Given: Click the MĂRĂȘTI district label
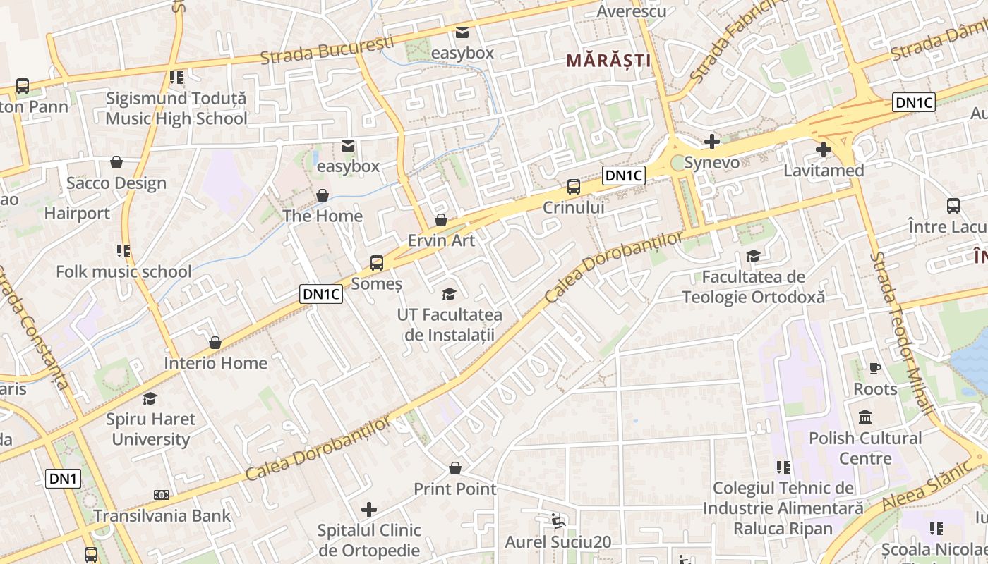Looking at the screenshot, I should click(x=608, y=61).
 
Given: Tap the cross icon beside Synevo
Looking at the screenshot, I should click(x=712, y=142).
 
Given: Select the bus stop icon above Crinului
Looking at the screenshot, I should click(x=574, y=187).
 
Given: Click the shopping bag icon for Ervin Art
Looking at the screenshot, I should click(x=441, y=220).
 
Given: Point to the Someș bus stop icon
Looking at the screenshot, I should click(x=377, y=263).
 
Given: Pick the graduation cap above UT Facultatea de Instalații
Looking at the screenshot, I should click(x=449, y=294).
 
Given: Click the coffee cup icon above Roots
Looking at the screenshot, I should click(x=875, y=368).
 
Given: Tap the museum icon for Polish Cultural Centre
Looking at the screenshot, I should click(x=865, y=417).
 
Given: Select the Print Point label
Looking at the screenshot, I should click(x=454, y=489).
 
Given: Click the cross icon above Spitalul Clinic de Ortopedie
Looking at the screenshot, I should click(x=368, y=509).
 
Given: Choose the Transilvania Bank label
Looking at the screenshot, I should click(x=162, y=515).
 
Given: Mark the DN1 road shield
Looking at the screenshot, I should click(x=64, y=479).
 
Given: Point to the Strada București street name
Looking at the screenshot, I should click(x=327, y=49).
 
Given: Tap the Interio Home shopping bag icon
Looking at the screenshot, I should click(x=215, y=343).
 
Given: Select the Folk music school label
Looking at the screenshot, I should click(x=123, y=271).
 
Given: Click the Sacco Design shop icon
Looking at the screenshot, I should click(x=116, y=163).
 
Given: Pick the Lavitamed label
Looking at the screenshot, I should click(x=824, y=171).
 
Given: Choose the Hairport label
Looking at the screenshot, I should click(x=77, y=213).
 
